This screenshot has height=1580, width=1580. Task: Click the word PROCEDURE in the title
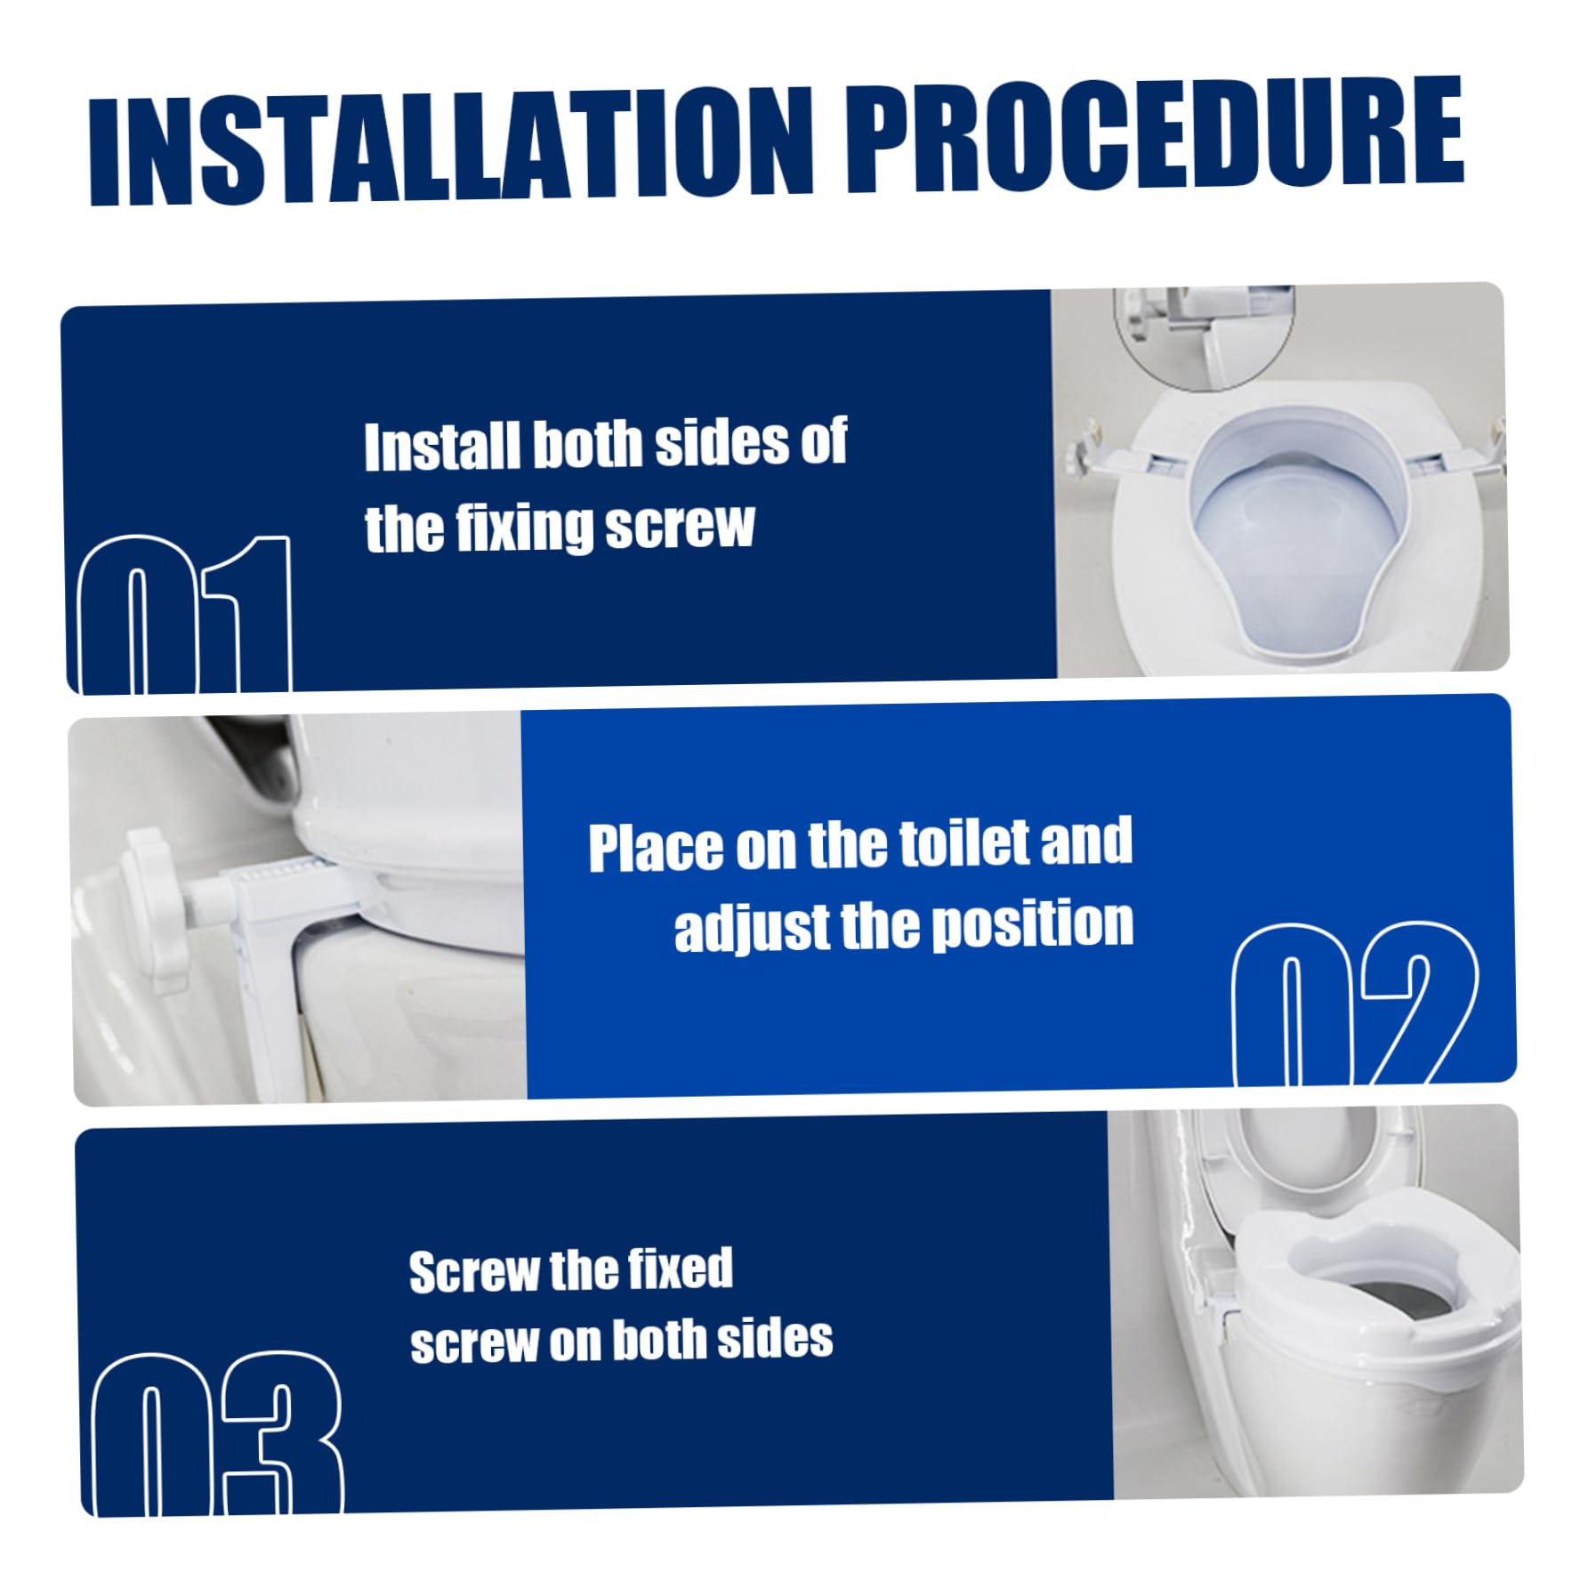(x=1154, y=134)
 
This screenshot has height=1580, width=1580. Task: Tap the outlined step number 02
(x=1354, y=1004)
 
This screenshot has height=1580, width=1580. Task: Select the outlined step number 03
(x=218, y=1431)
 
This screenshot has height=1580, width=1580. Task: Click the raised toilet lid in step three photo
(x=1308, y=1165)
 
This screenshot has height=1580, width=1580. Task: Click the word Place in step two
(x=657, y=847)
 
